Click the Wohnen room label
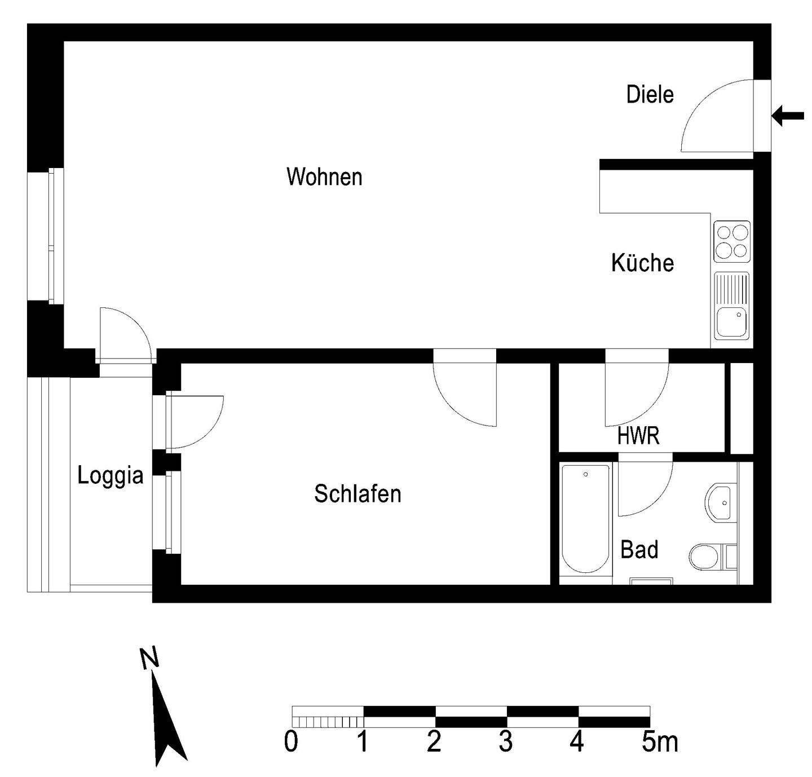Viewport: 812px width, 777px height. pyautogui.click(x=324, y=177)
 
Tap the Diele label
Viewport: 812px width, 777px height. pyautogui.click(x=650, y=95)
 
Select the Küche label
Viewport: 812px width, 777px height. pyautogui.click(x=642, y=263)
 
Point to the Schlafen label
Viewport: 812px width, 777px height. pyautogui.click(x=358, y=494)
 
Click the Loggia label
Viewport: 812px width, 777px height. pyautogui.click(x=111, y=475)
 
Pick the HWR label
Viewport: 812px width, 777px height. pyautogui.click(x=638, y=436)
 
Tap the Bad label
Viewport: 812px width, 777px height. pyautogui.click(x=639, y=549)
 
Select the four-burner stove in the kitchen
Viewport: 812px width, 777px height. pyautogui.click(x=732, y=241)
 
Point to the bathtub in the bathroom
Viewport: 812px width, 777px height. pyautogui.click(x=586, y=519)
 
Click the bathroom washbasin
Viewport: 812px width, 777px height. pyautogui.click(x=720, y=502)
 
